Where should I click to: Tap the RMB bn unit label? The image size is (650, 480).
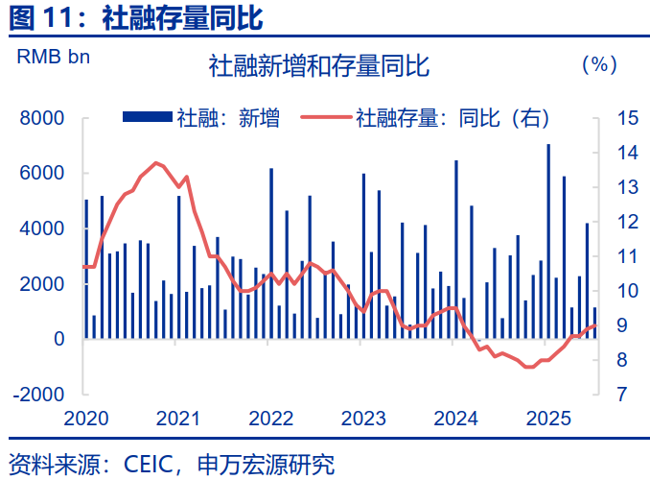pyautogui.click(x=54, y=56)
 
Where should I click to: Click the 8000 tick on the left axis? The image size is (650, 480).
pyautogui.click(x=45, y=118)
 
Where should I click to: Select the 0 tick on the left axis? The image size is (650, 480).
pyautogui.click(x=58, y=340)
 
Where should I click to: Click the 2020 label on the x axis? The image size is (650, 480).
pyautogui.click(x=83, y=419)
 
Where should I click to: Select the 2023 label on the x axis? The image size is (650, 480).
pyautogui.click(x=362, y=419)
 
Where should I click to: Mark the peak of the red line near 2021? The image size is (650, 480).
pyautogui.click(x=156, y=163)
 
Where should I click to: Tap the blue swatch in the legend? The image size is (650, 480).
pyautogui.click(x=146, y=118)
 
